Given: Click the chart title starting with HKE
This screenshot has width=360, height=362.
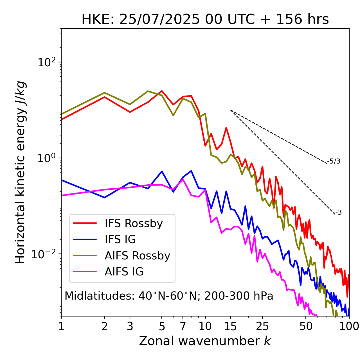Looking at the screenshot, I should [205, 20].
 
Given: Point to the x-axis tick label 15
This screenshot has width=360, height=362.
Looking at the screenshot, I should [230, 326].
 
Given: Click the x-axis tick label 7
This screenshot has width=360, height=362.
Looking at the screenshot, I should [183, 326].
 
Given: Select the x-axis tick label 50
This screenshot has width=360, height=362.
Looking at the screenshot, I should [306, 326].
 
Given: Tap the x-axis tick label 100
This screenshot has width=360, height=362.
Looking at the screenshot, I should [349, 326].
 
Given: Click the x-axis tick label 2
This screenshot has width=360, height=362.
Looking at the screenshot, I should [105, 326].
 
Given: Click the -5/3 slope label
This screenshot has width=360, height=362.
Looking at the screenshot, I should [334, 161].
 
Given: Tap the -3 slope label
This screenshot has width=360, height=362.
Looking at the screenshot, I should [338, 212].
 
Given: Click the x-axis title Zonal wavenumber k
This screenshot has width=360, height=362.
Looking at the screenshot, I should [205, 341].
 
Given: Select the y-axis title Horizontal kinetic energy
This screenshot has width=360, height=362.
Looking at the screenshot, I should [20, 172].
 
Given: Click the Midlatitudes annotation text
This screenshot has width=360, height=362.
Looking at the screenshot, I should [169, 296].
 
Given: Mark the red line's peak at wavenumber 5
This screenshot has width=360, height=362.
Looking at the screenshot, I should [162, 91].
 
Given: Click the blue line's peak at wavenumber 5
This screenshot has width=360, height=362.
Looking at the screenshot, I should [162, 171].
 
